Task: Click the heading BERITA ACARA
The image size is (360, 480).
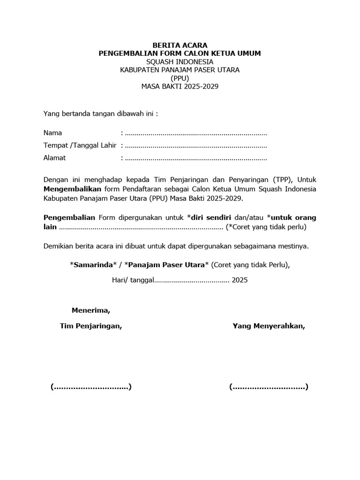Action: (180, 45)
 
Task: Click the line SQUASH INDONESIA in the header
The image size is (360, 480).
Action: (180, 62)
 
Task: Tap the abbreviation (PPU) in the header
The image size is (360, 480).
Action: (180, 78)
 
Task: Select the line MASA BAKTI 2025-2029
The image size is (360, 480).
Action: (180, 87)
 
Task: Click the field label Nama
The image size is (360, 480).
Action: (52, 133)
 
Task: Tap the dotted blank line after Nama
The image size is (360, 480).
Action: (196, 133)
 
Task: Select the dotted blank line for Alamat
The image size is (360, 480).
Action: (196, 158)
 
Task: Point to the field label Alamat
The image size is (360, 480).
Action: (54, 158)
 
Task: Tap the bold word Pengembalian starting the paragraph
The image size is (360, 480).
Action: (69, 217)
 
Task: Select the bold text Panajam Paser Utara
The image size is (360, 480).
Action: (166, 265)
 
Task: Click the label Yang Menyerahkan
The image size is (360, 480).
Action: (269, 326)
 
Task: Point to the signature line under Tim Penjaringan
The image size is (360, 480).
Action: (91, 387)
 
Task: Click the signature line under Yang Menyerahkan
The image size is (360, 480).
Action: (269, 387)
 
